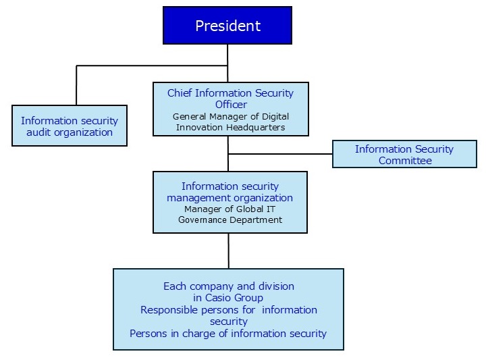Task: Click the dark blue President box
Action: point(227,26)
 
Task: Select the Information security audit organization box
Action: point(70,126)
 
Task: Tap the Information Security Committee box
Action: point(404,154)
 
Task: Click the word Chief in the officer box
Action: point(180,93)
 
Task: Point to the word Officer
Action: point(231,105)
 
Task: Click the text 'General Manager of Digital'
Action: point(231,116)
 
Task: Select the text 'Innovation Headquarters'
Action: point(231,127)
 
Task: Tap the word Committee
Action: point(405,160)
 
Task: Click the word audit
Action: point(38,132)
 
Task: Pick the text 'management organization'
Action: point(230,198)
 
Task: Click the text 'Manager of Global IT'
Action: point(230,209)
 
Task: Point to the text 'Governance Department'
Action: point(230,220)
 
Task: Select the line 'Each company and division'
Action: point(229,286)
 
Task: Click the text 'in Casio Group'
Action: point(229,298)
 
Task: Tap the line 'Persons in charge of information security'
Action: point(228,333)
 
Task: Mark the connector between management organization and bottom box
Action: point(229,251)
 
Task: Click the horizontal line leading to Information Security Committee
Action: point(280,154)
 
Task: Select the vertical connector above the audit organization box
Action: point(76,85)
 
